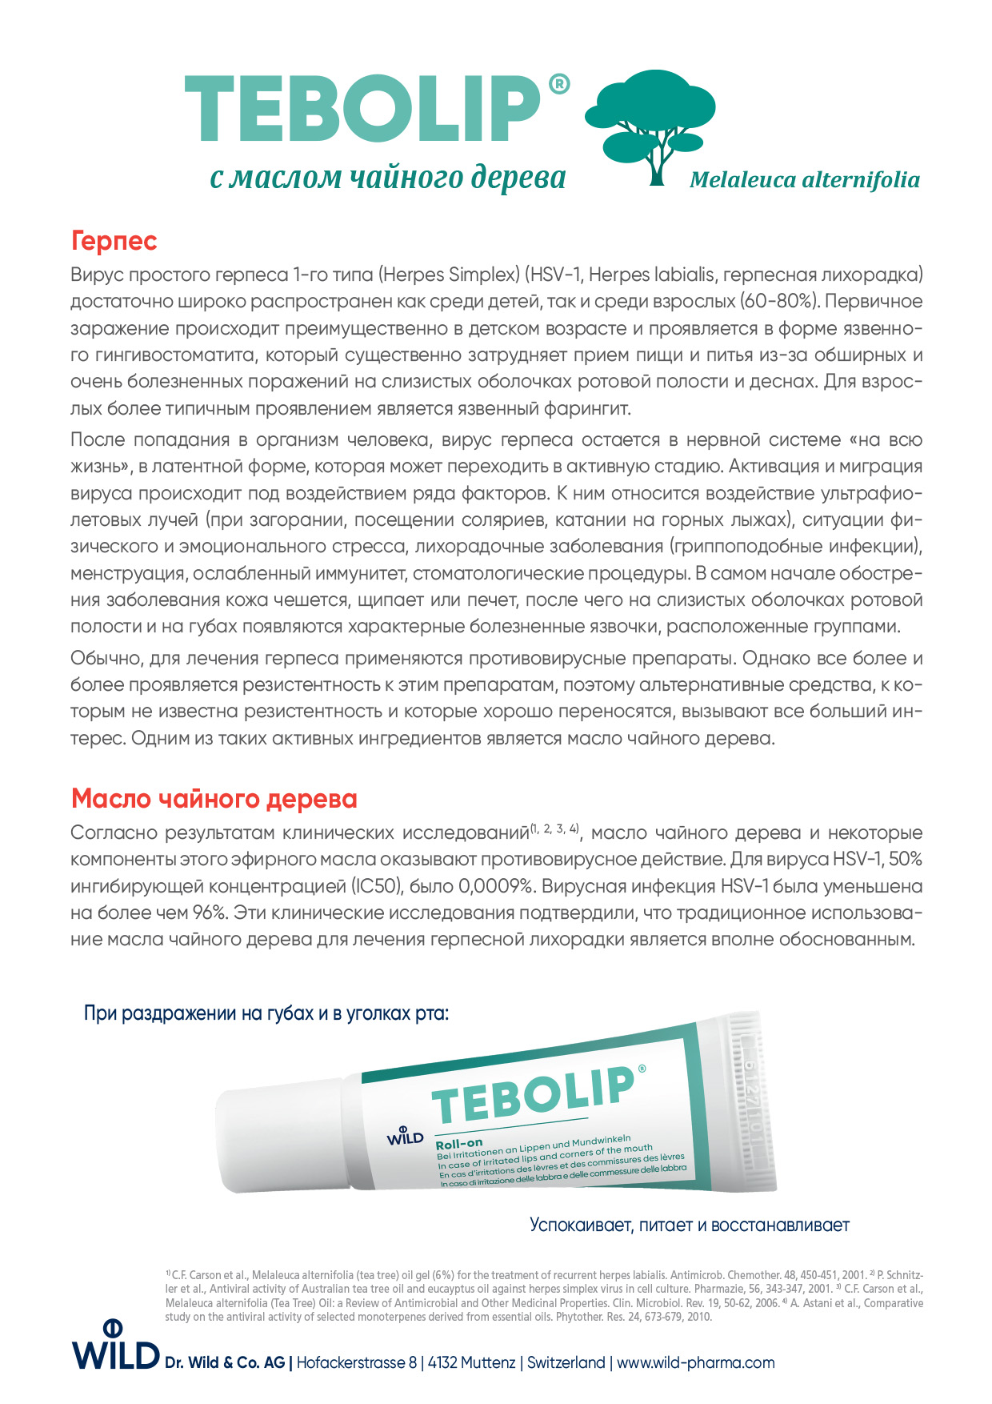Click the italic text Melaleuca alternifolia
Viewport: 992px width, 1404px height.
point(804,180)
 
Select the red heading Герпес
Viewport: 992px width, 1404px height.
point(114,241)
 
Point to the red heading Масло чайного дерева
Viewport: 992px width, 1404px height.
point(214,799)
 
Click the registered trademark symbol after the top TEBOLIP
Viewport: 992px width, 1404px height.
point(560,84)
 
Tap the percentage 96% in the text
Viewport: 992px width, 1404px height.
point(208,913)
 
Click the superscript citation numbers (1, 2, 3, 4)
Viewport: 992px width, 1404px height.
point(554,829)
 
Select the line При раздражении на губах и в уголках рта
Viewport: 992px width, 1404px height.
point(266,1013)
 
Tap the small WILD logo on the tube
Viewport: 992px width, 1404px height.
point(405,1136)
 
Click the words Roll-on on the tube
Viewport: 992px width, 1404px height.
point(459,1144)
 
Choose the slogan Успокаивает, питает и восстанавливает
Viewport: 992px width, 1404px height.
point(690,1225)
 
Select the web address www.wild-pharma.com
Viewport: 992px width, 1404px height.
point(696,1362)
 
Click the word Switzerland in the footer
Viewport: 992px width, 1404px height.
point(566,1362)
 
